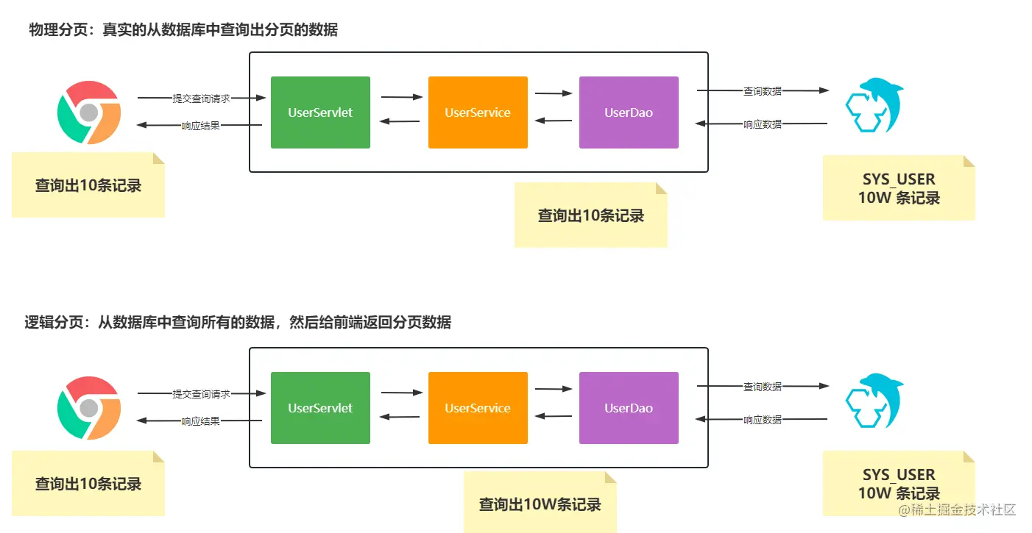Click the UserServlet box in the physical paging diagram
click(x=320, y=112)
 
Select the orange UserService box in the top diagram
click(x=478, y=112)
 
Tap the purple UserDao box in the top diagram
click(x=629, y=112)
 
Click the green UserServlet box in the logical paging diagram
click(x=320, y=408)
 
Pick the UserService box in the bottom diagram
click(x=478, y=408)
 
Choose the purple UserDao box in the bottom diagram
click(x=629, y=408)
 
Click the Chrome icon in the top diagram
click(x=89, y=112)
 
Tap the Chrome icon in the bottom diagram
click(x=89, y=408)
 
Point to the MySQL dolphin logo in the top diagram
click(x=874, y=107)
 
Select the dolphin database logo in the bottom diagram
click(x=874, y=401)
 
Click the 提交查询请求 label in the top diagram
click(x=201, y=98)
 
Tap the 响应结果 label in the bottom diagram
click(x=200, y=421)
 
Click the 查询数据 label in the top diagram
click(x=762, y=91)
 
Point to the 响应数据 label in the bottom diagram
click(x=762, y=420)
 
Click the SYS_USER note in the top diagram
click(x=899, y=188)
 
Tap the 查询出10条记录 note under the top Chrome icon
click(x=88, y=185)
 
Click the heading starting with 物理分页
click(x=183, y=30)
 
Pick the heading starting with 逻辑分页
click(x=238, y=322)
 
